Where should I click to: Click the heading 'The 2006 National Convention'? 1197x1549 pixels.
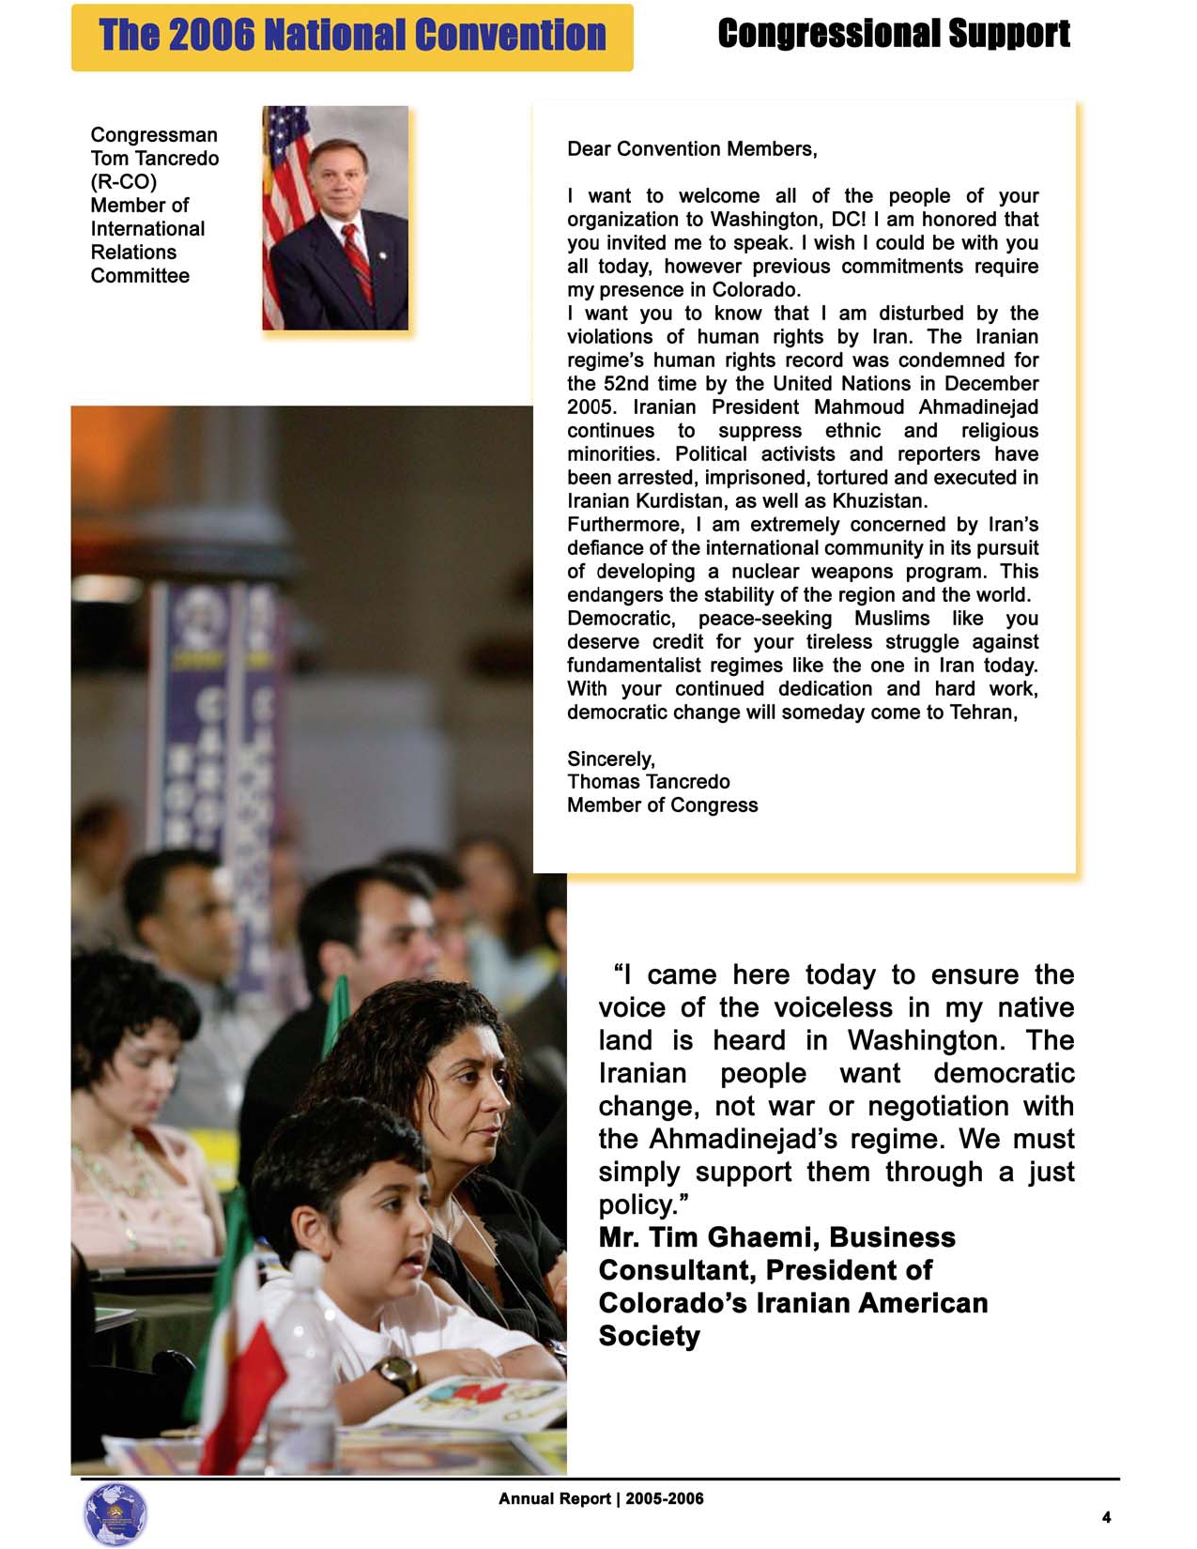(x=352, y=36)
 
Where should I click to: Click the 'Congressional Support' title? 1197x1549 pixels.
(x=893, y=34)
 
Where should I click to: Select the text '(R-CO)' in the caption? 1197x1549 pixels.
(x=123, y=181)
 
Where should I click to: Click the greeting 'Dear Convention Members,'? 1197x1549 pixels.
(x=692, y=149)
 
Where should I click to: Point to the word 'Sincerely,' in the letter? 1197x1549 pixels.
(x=610, y=759)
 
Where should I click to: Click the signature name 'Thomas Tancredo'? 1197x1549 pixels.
(x=648, y=782)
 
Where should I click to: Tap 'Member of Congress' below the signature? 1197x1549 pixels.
(x=662, y=805)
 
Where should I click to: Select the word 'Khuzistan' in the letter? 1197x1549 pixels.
(x=878, y=501)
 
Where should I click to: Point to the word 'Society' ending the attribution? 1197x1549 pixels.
(x=649, y=1336)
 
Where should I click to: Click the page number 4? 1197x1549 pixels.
(x=1106, y=1517)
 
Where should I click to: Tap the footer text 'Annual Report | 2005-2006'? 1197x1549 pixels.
(x=601, y=1499)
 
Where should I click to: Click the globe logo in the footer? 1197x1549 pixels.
(x=115, y=1514)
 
